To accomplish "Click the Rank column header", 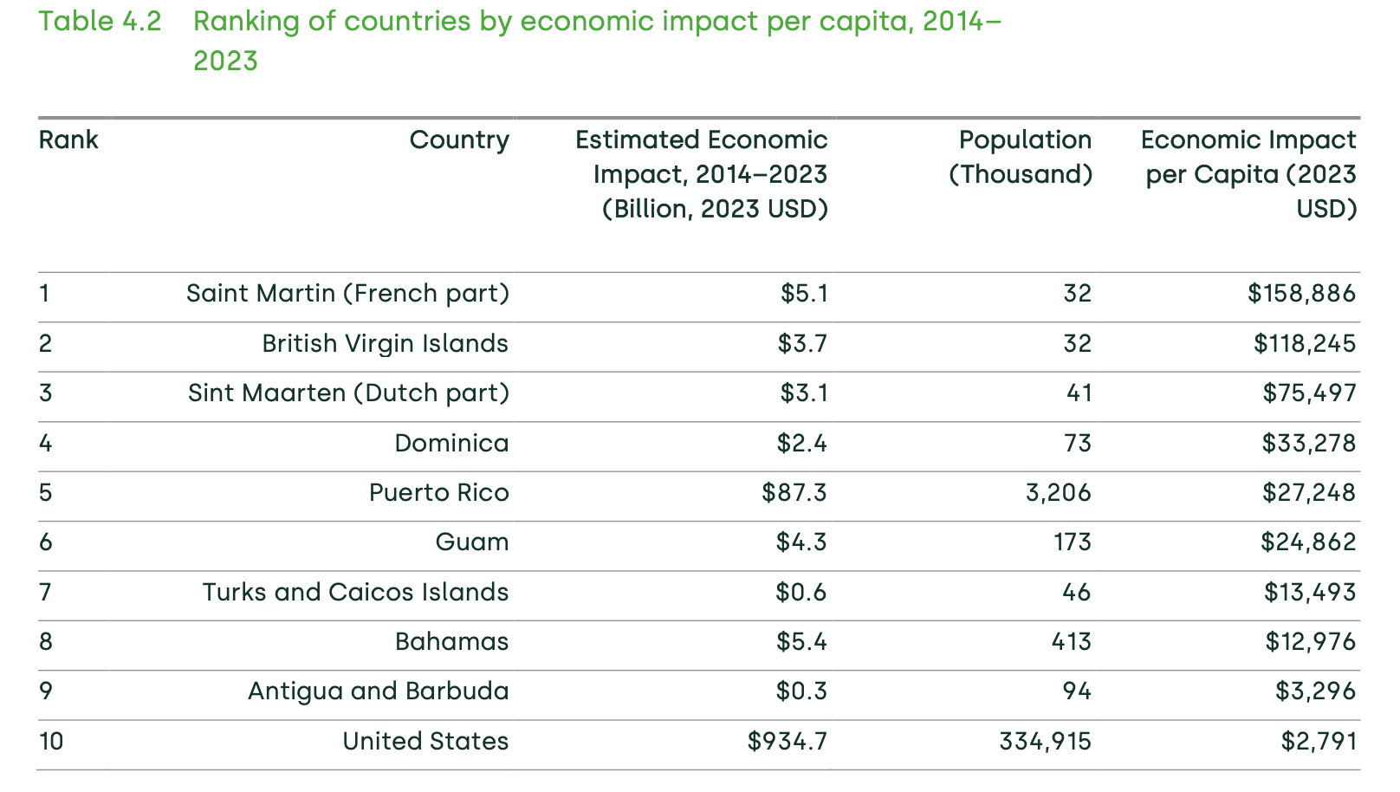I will pos(68,140).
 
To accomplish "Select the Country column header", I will pos(459,140).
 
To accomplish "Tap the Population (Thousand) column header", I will pos(1021,158).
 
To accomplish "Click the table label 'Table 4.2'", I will pos(100,22).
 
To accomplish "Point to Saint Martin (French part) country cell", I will pos(347,294).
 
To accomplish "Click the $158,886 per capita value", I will pos(1301,294).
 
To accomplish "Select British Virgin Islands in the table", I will pos(385,344).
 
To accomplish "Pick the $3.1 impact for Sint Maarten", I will pos(804,393).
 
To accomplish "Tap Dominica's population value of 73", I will pos(1077,444).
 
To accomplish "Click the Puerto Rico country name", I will pos(438,493).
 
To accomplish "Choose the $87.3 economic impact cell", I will pos(794,493).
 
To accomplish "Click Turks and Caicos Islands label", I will pos(355,593).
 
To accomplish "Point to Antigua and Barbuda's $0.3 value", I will pos(801,691).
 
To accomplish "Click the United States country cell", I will pos(425,742).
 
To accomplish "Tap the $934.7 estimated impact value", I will pos(787,742).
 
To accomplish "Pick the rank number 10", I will pos(51,742).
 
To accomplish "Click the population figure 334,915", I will pos(1045,742).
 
